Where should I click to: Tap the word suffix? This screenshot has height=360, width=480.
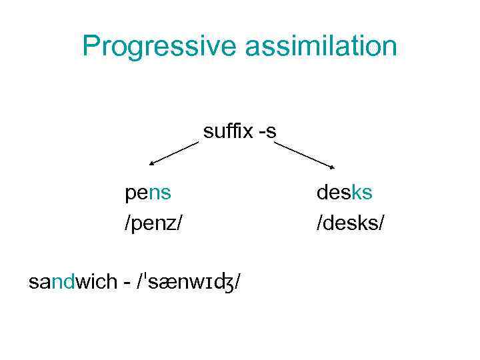(225, 131)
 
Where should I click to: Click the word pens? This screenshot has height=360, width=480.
(148, 193)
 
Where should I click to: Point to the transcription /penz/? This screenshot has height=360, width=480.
(153, 222)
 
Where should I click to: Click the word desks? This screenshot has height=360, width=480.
(345, 193)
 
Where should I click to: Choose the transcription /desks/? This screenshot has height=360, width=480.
(351, 222)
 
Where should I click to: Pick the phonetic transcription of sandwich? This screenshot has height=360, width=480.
(189, 283)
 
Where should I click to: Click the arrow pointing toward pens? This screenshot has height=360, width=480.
(175, 153)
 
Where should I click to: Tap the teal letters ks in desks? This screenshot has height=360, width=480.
(362, 193)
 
